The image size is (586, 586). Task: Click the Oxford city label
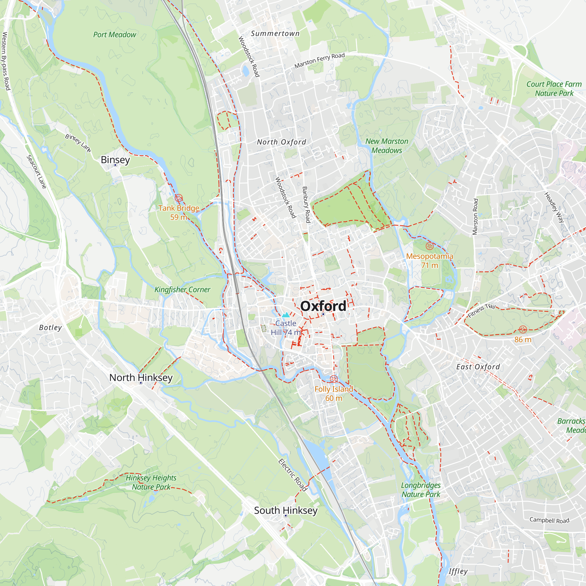[x=323, y=306]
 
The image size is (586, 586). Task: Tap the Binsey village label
[x=115, y=160]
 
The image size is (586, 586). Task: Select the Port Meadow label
[x=115, y=35]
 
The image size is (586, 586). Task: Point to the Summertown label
[x=275, y=34]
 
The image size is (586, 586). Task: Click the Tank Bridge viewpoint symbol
[x=179, y=198]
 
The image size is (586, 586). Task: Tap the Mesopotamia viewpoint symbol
[x=429, y=246]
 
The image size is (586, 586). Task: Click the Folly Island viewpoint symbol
[x=334, y=379]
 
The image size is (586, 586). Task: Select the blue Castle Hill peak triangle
[x=286, y=315]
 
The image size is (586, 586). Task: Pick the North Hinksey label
[x=141, y=378]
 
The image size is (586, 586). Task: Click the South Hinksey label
[x=286, y=510]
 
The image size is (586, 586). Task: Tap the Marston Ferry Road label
[x=320, y=60]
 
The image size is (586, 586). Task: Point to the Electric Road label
[x=293, y=475]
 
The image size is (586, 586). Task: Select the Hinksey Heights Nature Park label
[x=151, y=482]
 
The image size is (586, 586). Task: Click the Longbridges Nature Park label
[x=421, y=490]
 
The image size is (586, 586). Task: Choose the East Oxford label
[x=478, y=367]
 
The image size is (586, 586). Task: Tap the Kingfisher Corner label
[x=182, y=290]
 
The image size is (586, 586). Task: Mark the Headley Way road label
[x=554, y=207]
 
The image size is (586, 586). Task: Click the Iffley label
[x=458, y=571]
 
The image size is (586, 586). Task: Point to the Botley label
[x=50, y=328]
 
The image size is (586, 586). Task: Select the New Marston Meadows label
[x=387, y=146]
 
